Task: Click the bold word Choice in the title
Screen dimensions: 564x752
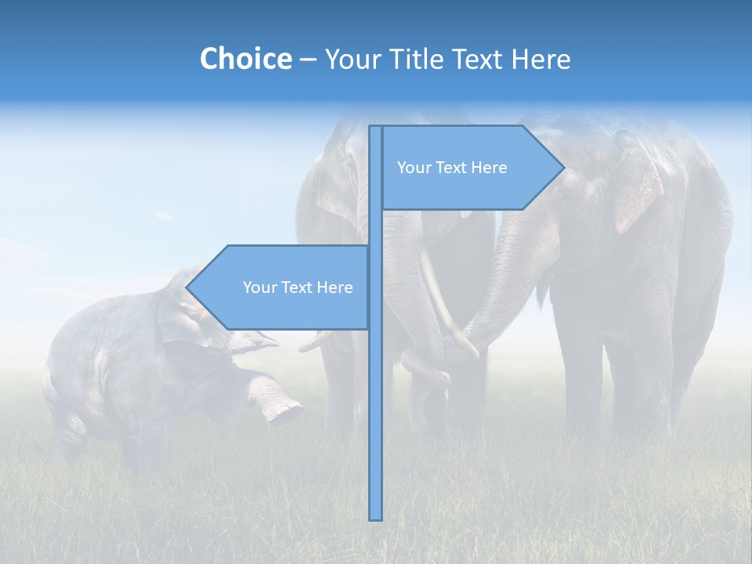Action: [x=245, y=59]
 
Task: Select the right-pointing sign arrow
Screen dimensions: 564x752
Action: [x=470, y=168]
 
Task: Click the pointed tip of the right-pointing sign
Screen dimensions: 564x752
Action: [x=563, y=168]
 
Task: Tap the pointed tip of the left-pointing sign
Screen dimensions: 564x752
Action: [x=187, y=287]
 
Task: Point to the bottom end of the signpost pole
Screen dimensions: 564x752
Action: [x=376, y=517]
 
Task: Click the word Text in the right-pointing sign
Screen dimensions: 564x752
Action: [x=452, y=168]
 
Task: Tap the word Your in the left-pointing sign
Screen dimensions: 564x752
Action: [x=258, y=287]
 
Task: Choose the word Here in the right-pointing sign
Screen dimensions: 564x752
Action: [x=489, y=168]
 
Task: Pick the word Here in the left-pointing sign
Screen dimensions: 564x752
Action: [x=334, y=287]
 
